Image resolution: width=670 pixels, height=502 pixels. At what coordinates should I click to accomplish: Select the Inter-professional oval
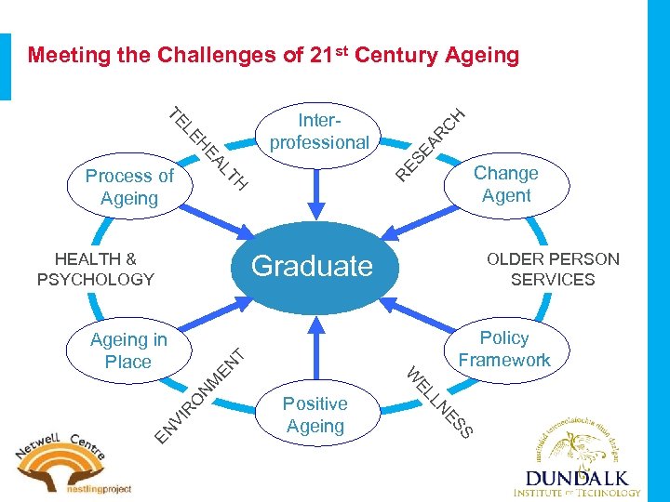click(319, 132)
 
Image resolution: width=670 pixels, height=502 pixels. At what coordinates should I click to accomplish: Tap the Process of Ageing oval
click(128, 187)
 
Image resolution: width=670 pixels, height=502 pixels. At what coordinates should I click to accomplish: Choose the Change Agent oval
click(506, 184)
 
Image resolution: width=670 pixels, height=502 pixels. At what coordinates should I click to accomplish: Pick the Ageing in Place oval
click(128, 350)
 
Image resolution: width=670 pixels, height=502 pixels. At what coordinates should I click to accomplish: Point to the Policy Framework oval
click(504, 349)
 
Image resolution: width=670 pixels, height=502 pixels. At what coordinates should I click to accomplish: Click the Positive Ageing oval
click(315, 415)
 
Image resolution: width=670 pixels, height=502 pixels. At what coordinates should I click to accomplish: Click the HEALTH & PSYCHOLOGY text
click(95, 269)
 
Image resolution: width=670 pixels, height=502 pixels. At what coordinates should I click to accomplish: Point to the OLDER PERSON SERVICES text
click(553, 269)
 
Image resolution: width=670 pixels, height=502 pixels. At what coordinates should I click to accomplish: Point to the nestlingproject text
click(97, 488)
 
